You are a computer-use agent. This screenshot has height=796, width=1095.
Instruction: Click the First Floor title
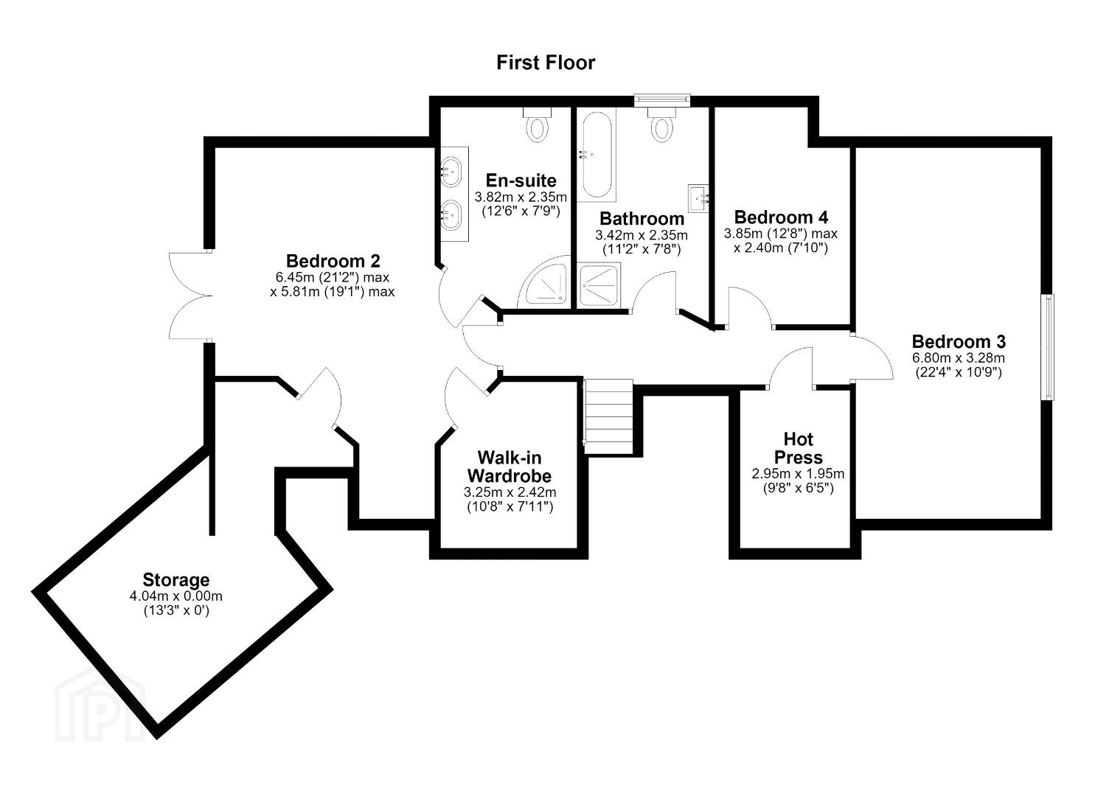coord(546,63)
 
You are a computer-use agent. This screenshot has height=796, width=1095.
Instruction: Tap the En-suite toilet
coord(538,124)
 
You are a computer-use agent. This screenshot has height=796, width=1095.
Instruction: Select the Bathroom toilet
coord(661,124)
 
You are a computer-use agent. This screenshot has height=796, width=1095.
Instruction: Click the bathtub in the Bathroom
coord(597,155)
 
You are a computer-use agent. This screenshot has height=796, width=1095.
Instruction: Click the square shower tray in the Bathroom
coord(599,285)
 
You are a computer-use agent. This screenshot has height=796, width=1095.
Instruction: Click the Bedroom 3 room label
coord(959,341)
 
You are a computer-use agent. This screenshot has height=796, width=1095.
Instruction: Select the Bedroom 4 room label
coord(781,217)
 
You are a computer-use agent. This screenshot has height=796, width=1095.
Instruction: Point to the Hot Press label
coord(799,448)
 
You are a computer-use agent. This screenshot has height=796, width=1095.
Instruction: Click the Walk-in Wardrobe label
coord(510,467)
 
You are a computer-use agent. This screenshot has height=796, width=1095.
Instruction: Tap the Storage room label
coord(176,579)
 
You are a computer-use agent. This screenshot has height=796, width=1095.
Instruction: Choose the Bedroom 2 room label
coord(333,260)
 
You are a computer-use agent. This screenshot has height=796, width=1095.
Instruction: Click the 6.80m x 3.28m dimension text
coord(959,357)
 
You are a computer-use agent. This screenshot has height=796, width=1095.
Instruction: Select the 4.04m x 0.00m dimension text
coord(176,596)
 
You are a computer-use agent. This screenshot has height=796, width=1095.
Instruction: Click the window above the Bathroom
coord(662,100)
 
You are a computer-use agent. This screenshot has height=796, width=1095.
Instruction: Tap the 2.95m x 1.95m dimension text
coord(799,473)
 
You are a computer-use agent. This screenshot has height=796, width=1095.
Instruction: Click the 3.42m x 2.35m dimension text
coord(642,235)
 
